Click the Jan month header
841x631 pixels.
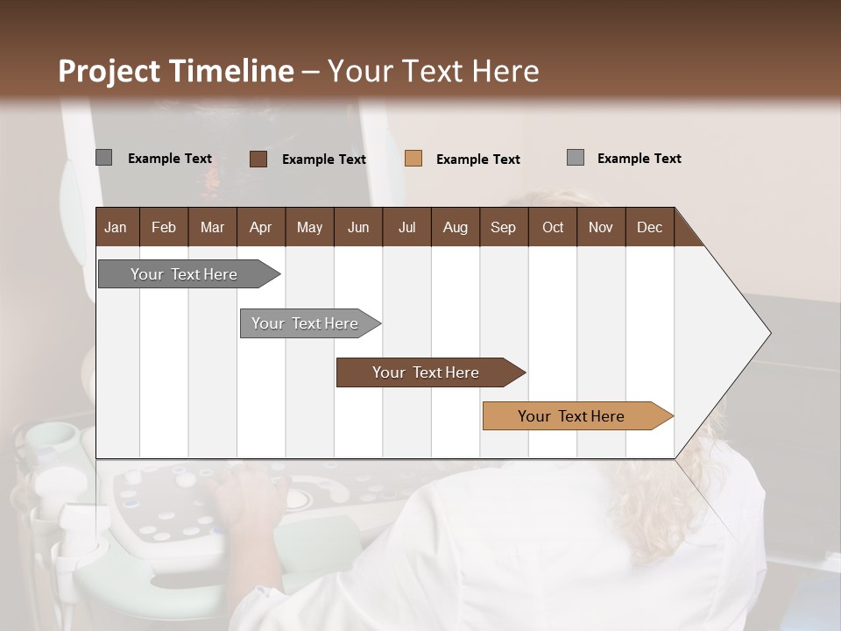click(x=116, y=227)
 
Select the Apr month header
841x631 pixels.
click(x=260, y=227)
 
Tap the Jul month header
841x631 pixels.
click(x=406, y=227)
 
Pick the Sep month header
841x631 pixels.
click(x=503, y=227)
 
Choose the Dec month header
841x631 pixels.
click(x=649, y=227)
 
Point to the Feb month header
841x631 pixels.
click(x=164, y=227)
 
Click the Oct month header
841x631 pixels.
click(x=553, y=227)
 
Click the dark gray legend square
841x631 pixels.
click(x=103, y=158)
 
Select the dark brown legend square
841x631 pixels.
click(x=258, y=159)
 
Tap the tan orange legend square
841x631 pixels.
click(x=413, y=159)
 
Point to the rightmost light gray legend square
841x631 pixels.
click(x=576, y=158)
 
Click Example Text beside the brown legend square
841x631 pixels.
click(x=323, y=160)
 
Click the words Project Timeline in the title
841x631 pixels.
click(x=175, y=71)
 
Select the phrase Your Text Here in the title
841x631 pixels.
click(x=433, y=71)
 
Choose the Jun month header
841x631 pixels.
click(x=357, y=227)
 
